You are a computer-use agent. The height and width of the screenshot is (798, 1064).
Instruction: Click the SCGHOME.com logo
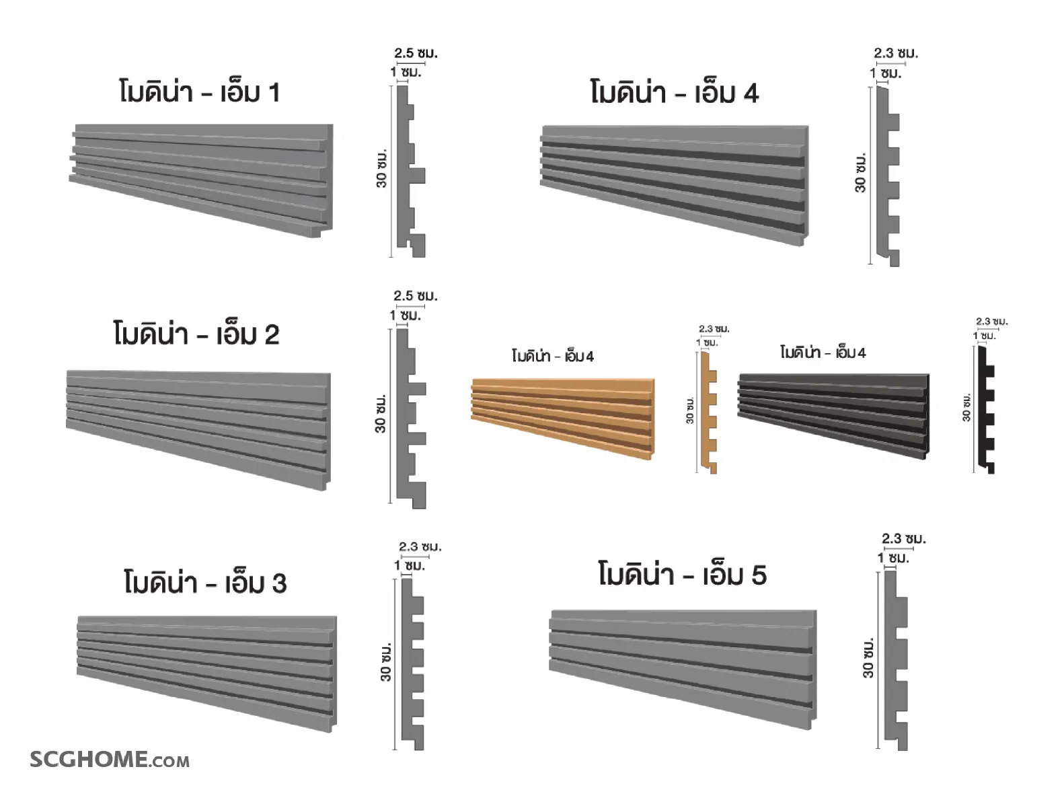(110, 759)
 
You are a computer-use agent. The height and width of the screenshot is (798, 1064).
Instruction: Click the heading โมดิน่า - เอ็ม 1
(199, 92)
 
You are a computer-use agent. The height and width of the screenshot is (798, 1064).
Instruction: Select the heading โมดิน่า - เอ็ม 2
(196, 334)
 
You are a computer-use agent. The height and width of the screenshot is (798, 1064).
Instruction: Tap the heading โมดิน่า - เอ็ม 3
(206, 582)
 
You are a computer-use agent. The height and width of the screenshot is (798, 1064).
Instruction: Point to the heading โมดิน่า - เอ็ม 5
(682, 575)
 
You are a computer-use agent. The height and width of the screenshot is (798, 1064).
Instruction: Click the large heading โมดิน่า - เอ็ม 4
(675, 92)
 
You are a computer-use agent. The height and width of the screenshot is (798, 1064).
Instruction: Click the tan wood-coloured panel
(563, 419)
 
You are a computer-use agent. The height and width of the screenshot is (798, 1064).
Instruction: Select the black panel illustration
(833, 415)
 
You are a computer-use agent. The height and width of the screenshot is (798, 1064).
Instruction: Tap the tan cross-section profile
(708, 412)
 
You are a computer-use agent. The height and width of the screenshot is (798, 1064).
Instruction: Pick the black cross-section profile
(986, 410)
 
